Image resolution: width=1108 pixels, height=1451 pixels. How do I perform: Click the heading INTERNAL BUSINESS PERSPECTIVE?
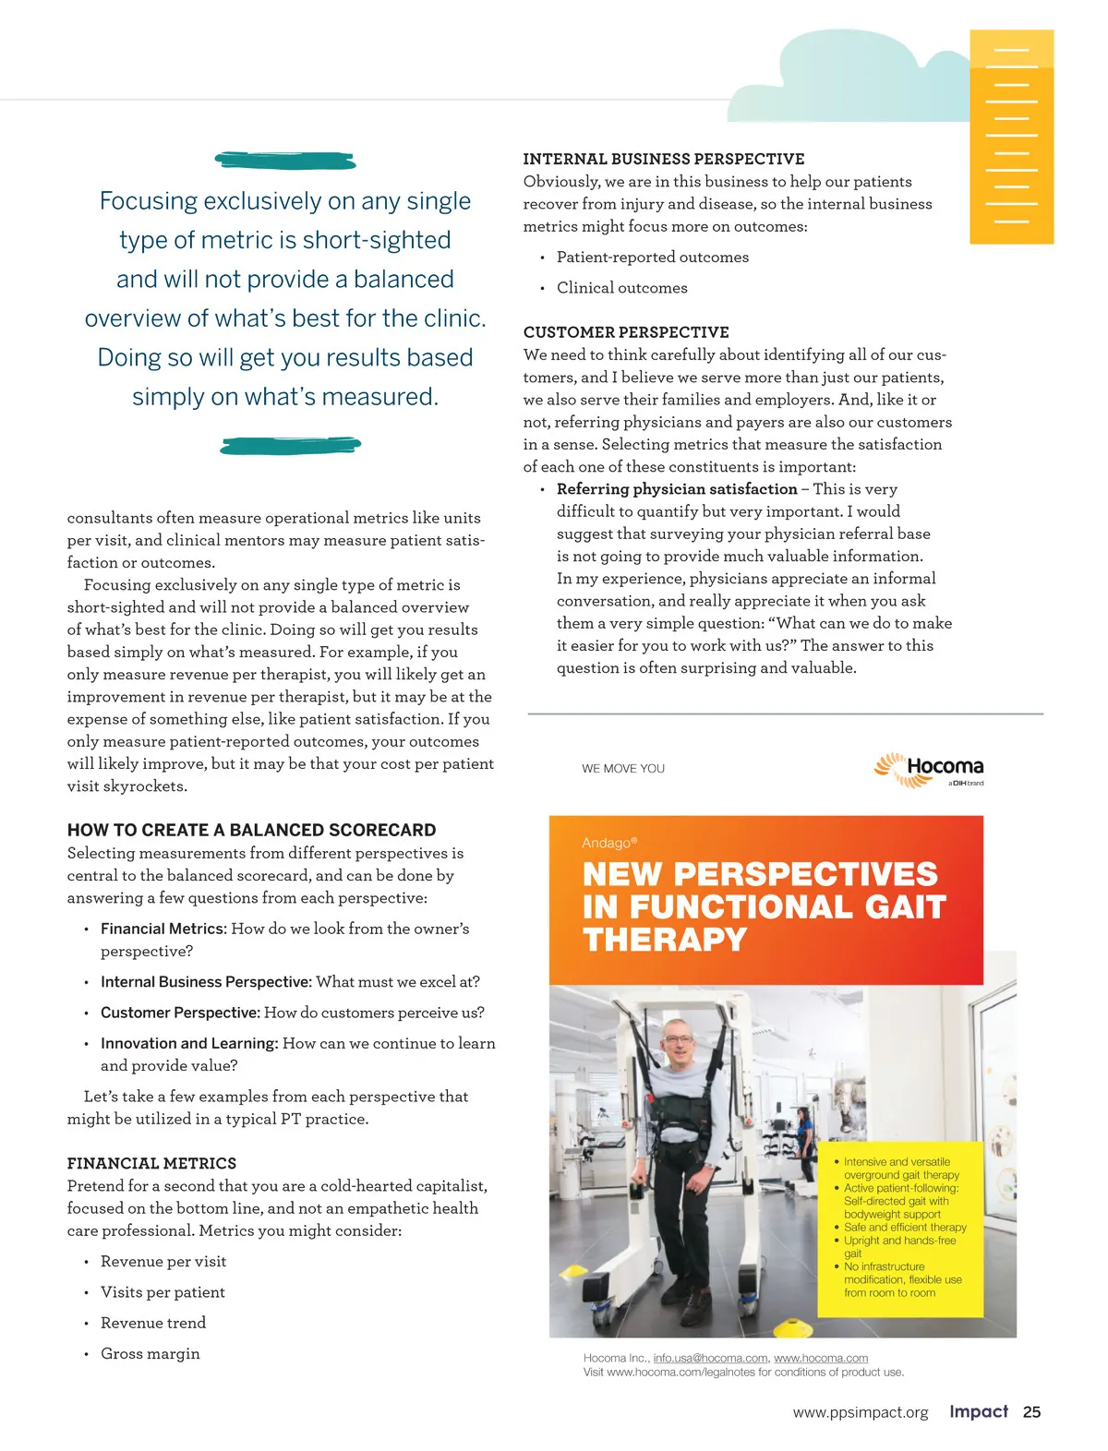coord(663,159)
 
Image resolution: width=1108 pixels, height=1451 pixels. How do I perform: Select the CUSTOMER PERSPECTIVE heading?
coord(625,332)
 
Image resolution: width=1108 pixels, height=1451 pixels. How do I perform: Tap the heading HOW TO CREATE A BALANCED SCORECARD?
coord(251,830)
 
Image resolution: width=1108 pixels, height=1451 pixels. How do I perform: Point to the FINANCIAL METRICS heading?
coord(151,1163)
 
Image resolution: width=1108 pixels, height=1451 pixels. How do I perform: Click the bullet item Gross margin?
coord(150,1353)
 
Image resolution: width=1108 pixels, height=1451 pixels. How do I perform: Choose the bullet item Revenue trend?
coord(152,1323)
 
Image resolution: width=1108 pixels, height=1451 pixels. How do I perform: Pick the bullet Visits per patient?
coord(162,1292)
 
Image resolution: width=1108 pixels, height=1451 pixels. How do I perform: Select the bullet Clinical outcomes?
coord(621,288)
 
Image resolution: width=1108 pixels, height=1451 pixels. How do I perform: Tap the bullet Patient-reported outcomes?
coord(652,258)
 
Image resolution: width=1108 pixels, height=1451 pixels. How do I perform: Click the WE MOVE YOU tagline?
coord(622,768)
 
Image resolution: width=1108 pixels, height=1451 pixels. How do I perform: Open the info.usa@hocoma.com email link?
coord(710,1358)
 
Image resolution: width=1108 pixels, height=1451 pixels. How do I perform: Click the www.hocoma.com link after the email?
coord(820,1358)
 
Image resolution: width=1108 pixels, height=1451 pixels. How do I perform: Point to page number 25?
coord(1031,1412)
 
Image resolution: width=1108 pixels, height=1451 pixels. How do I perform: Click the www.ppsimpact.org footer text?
coord(860,1412)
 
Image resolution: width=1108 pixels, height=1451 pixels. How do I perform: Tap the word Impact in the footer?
coord(978,1411)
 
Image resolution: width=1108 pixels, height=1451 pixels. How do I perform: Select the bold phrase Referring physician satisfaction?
coord(676,489)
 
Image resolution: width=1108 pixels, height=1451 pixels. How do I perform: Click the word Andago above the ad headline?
coord(606,843)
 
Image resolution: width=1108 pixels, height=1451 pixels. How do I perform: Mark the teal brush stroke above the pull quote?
coord(285,161)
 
